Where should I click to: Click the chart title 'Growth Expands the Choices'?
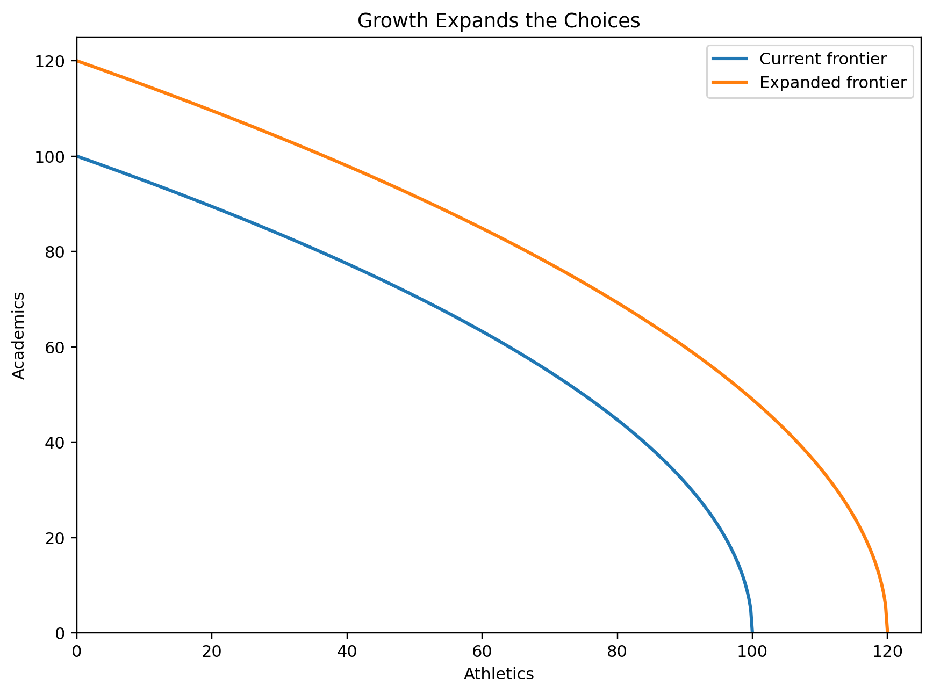pyautogui.click(x=498, y=21)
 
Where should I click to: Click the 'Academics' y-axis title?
pyautogui.click(x=19, y=335)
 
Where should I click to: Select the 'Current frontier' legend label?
pyautogui.click(x=822, y=59)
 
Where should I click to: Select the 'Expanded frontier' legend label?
pyautogui.click(x=832, y=82)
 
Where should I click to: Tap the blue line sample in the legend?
pyautogui.click(x=729, y=59)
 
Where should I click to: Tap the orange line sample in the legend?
pyautogui.click(x=729, y=82)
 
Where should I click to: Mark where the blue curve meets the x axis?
pyautogui.click(x=752, y=632)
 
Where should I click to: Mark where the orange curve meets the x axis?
pyautogui.click(x=887, y=632)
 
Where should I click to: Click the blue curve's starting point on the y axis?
pyautogui.click(x=77, y=156)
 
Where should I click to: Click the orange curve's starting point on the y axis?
pyautogui.click(x=77, y=61)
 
